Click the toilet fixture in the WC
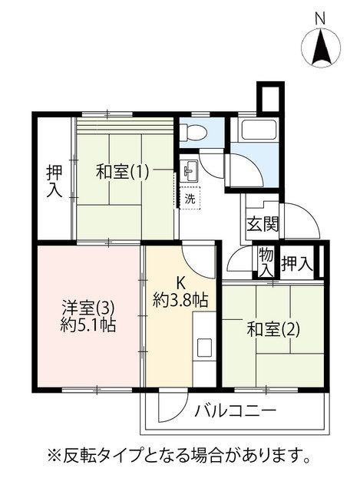click(x=194, y=132)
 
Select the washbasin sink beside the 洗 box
click(x=189, y=170)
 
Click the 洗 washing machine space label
click(x=190, y=199)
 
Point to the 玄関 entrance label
click(x=263, y=224)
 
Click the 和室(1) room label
click(x=122, y=172)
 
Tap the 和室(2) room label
click(x=273, y=329)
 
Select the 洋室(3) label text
click(x=88, y=308)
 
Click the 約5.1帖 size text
click(x=88, y=325)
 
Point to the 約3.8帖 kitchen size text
click(x=180, y=301)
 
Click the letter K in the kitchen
click(x=180, y=283)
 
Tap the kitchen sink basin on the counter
click(x=206, y=348)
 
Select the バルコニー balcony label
click(x=236, y=410)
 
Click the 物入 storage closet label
click(x=266, y=262)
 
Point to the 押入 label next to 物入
click(x=297, y=264)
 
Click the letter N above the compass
click(x=320, y=19)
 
